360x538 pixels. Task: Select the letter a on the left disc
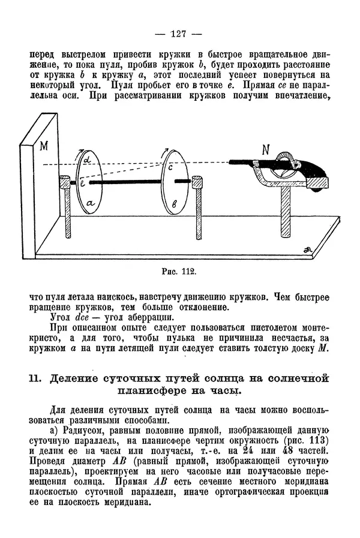coord(89,204)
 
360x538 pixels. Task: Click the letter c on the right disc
coord(170,169)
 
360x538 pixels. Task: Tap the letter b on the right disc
coord(173,204)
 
